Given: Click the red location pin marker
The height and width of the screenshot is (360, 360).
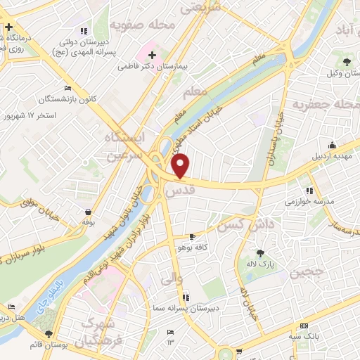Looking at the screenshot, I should pos(181,165).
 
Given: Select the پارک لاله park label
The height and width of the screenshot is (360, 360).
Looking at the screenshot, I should pos(260,264).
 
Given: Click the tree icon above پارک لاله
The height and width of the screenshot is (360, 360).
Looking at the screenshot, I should pos(261,253).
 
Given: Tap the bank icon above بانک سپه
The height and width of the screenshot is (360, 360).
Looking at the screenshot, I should pos(304,326).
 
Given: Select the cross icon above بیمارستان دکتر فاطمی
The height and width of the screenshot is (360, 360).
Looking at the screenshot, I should pos(152,54).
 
